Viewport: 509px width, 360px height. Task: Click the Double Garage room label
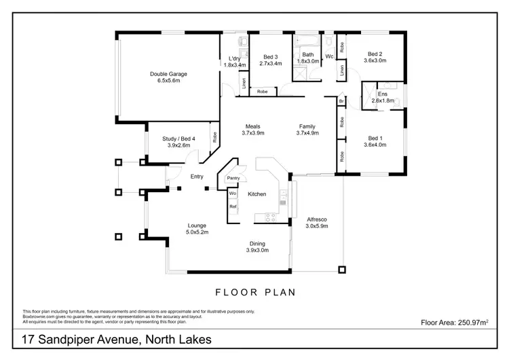pos(169,74)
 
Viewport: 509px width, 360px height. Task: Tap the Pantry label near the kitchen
pos(234,179)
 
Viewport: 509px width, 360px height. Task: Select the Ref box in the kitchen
pos(232,206)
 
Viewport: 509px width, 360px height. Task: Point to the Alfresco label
pos(318,219)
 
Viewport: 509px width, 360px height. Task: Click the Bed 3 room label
pos(270,57)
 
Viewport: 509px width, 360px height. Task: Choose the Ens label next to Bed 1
pos(383,94)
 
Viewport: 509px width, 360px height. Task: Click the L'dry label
pos(235,58)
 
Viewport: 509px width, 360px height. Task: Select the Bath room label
pos(307,54)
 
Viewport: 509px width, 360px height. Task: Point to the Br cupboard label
pos(341,101)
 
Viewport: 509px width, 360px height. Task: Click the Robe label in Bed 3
pos(262,91)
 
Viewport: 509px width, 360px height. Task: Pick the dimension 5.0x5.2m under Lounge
pos(197,232)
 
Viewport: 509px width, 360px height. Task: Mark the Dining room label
pos(257,243)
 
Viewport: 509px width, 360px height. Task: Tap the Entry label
pos(197,177)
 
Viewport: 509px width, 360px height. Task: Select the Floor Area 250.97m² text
pos(455,323)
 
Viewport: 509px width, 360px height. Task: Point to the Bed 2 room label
pos(375,54)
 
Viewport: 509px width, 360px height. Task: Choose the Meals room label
pos(252,126)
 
